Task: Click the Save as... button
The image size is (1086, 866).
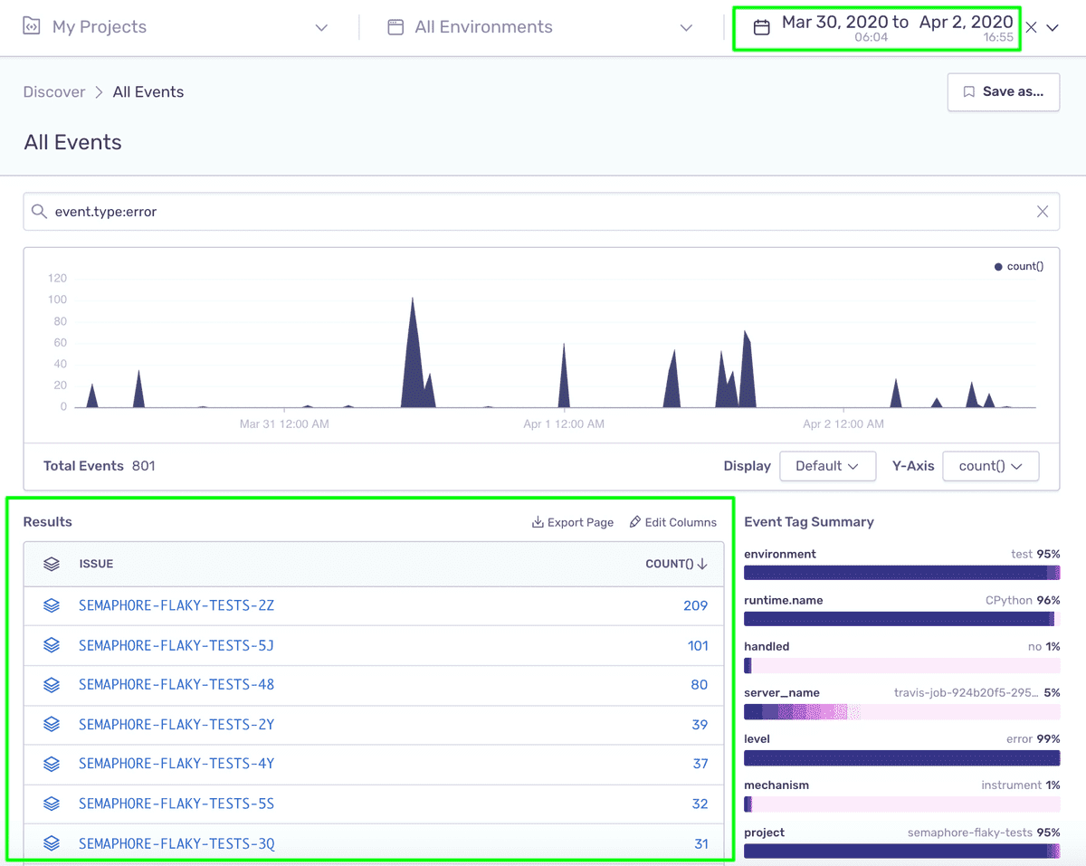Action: tap(1004, 92)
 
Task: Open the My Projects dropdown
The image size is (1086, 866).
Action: tap(175, 27)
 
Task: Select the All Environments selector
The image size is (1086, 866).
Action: tap(539, 27)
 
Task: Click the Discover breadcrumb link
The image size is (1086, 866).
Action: tap(54, 92)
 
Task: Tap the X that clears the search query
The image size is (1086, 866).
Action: tap(1043, 212)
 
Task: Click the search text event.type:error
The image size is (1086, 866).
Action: tap(106, 212)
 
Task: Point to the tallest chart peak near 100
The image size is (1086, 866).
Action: tap(413, 299)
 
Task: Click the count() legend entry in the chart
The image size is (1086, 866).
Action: tap(1019, 266)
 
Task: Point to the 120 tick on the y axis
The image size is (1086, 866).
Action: tap(57, 278)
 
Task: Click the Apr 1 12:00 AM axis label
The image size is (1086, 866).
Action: tap(564, 423)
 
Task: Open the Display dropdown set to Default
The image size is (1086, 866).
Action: tap(827, 466)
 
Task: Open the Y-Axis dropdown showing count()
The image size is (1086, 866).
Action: tap(991, 466)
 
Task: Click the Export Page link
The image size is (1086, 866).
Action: tap(573, 522)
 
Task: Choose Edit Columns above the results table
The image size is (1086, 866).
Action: tap(673, 522)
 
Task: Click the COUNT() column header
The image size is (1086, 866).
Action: tap(676, 564)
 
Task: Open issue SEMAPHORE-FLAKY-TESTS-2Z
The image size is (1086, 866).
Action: tap(176, 605)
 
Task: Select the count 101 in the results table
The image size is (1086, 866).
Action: tap(698, 645)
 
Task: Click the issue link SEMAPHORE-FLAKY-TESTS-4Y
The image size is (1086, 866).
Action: tap(176, 764)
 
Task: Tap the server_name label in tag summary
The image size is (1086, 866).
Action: tap(782, 693)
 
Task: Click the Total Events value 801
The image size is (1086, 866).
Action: tap(143, 466)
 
